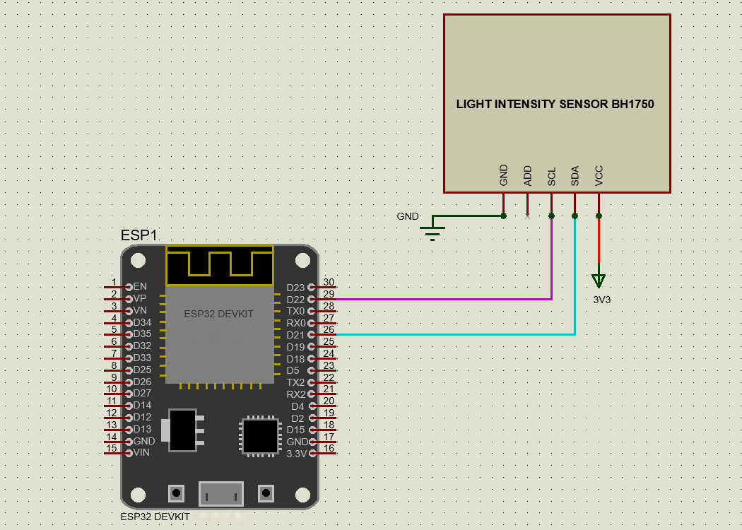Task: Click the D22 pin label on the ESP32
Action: [296, 300]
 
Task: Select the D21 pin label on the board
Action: [296, 335]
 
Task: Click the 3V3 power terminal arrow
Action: [599, 281]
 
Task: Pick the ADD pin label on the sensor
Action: [528, 175]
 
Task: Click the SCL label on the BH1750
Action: [551, 176]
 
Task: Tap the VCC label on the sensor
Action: [599, 175]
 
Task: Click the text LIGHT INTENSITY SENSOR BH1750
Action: [555, 104]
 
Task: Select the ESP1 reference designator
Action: [139, 235]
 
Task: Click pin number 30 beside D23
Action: [329, 282]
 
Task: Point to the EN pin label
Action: [140, 286]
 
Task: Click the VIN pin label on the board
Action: [141, 452]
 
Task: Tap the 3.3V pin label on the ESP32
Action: [297, 454]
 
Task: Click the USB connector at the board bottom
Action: [221, 493]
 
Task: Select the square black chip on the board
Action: [260, 436]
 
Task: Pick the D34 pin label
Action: [143, 322]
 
